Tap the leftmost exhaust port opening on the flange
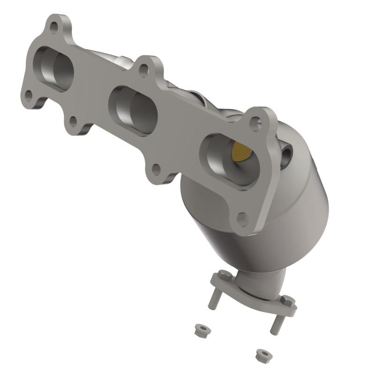(55, 68)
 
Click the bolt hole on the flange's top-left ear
(54, 27)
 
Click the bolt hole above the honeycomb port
(255, 123)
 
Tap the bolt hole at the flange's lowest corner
(242, 218)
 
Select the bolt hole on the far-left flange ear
(29, 96)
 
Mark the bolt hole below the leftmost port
(73, 122)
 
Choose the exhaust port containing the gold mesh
(230, 159)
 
